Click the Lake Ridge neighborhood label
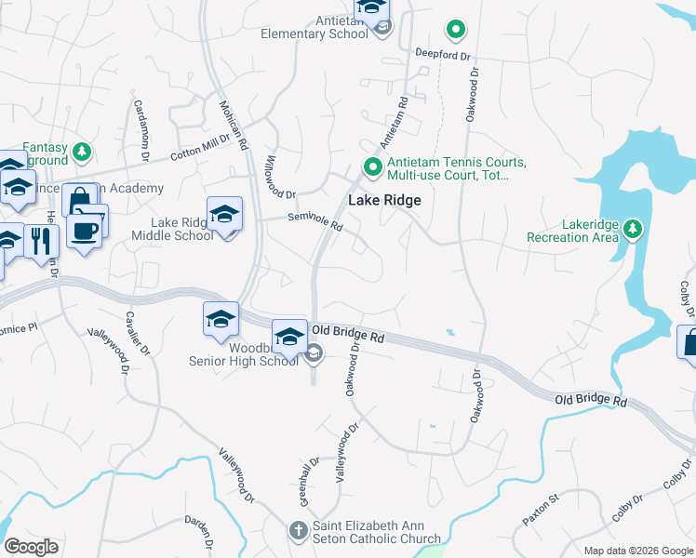[384, 200]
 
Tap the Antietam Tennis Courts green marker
[373, 168]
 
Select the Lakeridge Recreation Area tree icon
[633, 228]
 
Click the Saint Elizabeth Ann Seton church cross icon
[297, 532]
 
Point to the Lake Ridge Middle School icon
[224, 216]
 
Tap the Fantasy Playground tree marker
[83, 150]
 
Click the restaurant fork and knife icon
[40, 242]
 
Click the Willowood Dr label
[279, 177]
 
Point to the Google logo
[32, 547]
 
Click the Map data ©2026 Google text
[637, 551]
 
